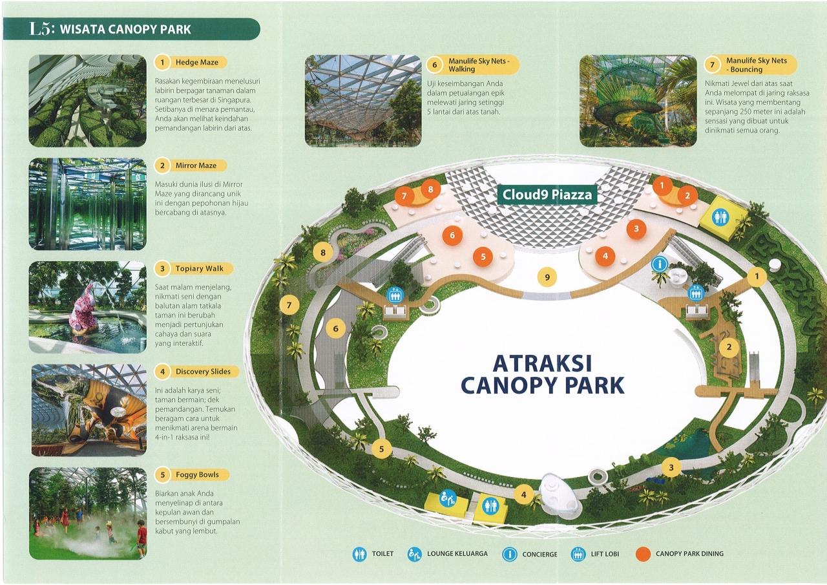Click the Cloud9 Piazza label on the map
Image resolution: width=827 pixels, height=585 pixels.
pos(547,195)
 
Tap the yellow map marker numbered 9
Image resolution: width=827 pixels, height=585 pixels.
pos(547,277)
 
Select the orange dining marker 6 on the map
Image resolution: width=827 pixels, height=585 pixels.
pos(452,235)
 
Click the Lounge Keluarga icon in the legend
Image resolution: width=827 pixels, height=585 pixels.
pos(414,554)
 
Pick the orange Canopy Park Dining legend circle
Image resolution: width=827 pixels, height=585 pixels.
pos(644,555)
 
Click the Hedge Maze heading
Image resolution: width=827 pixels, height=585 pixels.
pos(197,63)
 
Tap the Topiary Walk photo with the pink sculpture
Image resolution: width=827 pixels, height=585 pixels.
pos(88,307)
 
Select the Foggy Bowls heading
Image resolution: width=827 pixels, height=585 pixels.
pos(197,474)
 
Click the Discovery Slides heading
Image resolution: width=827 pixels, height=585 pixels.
pos(203,372)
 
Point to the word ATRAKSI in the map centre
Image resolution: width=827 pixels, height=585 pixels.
pos(542,363)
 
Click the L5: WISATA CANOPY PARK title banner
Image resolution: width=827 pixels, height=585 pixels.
pos(131,29)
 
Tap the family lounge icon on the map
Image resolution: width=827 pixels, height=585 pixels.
pos(448,499)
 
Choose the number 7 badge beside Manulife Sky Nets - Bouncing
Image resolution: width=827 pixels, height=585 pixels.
pos(712,65)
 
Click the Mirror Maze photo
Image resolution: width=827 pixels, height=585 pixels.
pos(88,204)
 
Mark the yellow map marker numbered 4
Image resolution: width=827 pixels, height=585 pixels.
pos(523,495)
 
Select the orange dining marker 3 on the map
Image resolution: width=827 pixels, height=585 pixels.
pos(636,229)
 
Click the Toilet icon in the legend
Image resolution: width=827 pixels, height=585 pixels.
pos(359,554)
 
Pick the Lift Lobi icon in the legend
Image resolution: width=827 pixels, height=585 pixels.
pos(578,554)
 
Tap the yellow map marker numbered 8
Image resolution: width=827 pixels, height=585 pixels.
pos(323,253)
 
